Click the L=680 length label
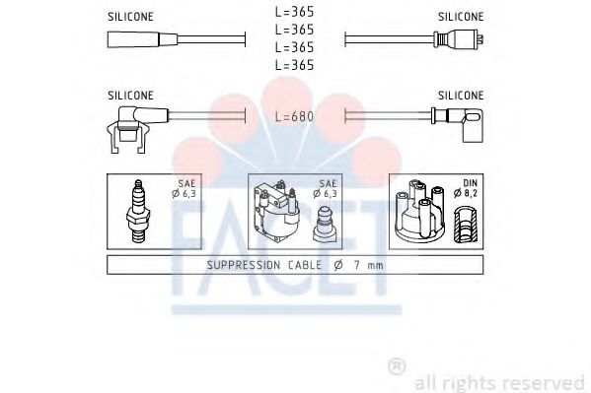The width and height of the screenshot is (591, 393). (294, 116)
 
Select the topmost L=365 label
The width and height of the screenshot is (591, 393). (294, 12)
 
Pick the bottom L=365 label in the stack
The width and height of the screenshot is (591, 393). (294, 65)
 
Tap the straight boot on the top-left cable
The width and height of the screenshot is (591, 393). (142, 39)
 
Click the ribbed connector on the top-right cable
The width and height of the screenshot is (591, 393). (459, 38)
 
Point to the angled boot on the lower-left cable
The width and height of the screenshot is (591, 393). (137, 129)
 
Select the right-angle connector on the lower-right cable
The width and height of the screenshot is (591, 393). (458, 125)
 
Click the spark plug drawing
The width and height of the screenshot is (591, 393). (138, 211)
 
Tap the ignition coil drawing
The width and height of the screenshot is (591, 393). (276, 212)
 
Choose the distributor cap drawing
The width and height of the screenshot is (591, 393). (419, 211)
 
